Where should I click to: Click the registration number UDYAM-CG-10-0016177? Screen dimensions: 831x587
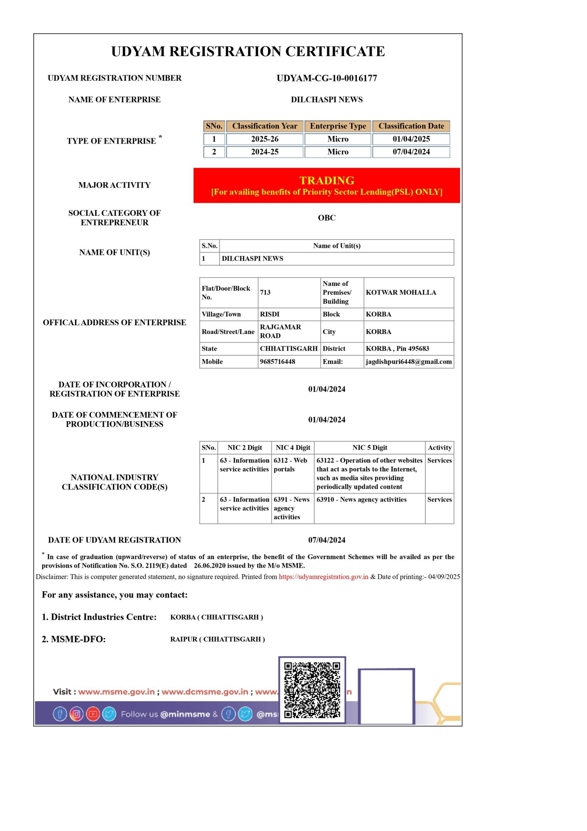327,78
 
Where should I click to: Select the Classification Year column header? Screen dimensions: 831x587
265,126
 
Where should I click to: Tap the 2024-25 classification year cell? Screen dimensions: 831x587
265,152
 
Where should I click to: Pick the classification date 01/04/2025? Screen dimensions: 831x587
411,139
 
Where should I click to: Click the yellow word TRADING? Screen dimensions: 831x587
327,180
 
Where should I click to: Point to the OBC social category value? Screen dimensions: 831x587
327,218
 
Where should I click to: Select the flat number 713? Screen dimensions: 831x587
265,293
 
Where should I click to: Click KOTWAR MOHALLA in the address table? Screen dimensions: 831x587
401,293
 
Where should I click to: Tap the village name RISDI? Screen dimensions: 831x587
270,314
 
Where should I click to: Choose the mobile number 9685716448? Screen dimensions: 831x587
277,362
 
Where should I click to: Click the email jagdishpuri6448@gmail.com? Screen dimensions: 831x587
408,362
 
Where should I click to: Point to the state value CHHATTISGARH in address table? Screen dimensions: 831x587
289,348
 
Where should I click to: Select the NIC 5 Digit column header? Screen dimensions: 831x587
369,447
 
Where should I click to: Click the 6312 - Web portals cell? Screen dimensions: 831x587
290,465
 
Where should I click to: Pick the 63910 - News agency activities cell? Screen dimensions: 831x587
361,500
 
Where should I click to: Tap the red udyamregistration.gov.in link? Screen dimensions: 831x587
323,577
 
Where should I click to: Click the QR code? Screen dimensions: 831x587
312,690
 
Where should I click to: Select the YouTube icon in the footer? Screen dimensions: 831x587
93,714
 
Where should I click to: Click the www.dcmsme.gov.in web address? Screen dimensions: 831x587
205,692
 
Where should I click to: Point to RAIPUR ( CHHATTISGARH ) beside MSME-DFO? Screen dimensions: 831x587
217,639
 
